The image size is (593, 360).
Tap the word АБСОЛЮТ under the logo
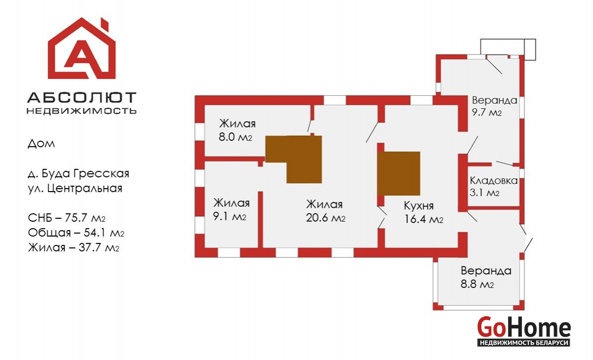pyautogui.click(x=82, y=97)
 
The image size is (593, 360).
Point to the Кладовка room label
pyautogui.click(x=494, y=181)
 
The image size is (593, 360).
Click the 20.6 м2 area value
pyautogui.click(x=326, y=218)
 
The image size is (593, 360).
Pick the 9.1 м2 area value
pyautogui.click(x=230, y=216)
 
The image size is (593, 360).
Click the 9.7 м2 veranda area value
pyautogui.click(x=487, y=112)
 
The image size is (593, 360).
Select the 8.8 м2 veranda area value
pyautogui.click(x=478, y=284)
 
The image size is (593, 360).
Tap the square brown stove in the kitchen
pyautogui.click(x=399, y=173)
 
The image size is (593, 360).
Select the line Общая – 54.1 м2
pyautogui.click(x=76, y=233)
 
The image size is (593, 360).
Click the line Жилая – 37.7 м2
pyautogui.click(x=74, y=247)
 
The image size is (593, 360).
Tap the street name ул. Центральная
pyautogui.click(x=75, y=188)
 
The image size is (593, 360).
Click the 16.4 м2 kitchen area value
pyautogui.click(x=424, y=220)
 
